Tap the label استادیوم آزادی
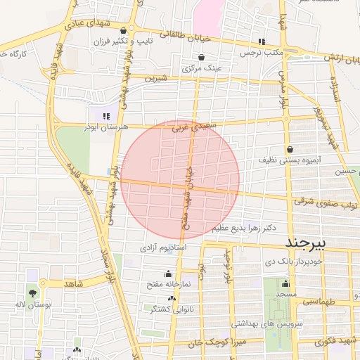[x=162, y=248]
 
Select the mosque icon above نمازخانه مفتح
[x=167, y=274]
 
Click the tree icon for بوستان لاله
[x=33, y=292]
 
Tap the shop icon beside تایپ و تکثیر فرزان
[x=124, y=30]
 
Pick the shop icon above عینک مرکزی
[x=202, y=58]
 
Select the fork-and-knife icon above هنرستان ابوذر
[x=105, y=116]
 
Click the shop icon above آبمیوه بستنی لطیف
[x=290, y=149]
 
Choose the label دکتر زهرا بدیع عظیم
[x=245, y=228]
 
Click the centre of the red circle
[x=180, y=180]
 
